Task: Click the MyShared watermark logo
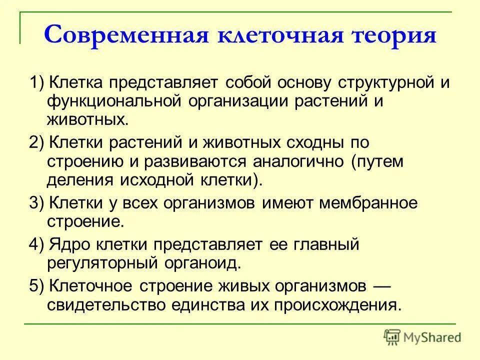click(422, 336)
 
